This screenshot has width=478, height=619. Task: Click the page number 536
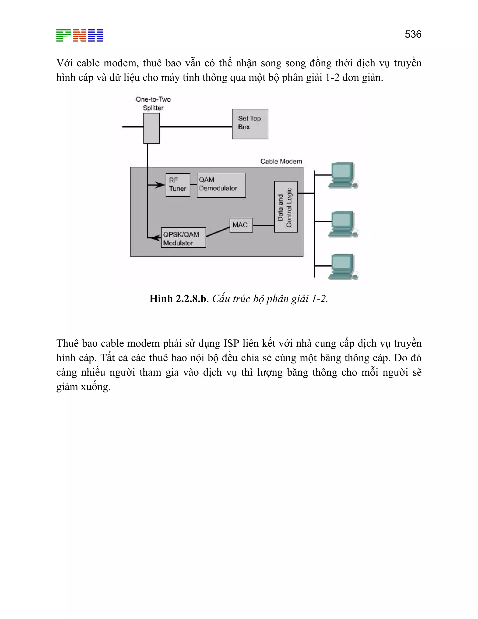click(413, 34)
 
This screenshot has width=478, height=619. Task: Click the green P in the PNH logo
click(63, 36)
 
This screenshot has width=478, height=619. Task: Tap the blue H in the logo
click(96, 36)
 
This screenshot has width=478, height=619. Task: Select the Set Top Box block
click(250, 124)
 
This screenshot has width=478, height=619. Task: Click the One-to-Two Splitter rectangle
click(151, 128)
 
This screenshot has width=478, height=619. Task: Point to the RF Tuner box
click(178, 185)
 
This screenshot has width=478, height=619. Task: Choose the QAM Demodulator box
click(221, 185)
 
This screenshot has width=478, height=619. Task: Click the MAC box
click(241, 225)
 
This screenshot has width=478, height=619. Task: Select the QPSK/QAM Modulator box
click(183, 238)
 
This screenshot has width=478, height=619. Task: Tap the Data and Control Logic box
click(286, 207)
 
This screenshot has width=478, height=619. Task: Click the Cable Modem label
click(281, 161)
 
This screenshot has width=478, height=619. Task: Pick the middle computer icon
click(343, 224)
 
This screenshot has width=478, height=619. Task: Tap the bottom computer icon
click(343, 267)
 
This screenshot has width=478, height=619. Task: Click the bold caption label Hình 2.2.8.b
click(178, 299)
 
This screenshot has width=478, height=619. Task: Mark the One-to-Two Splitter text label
click(153, 103)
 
